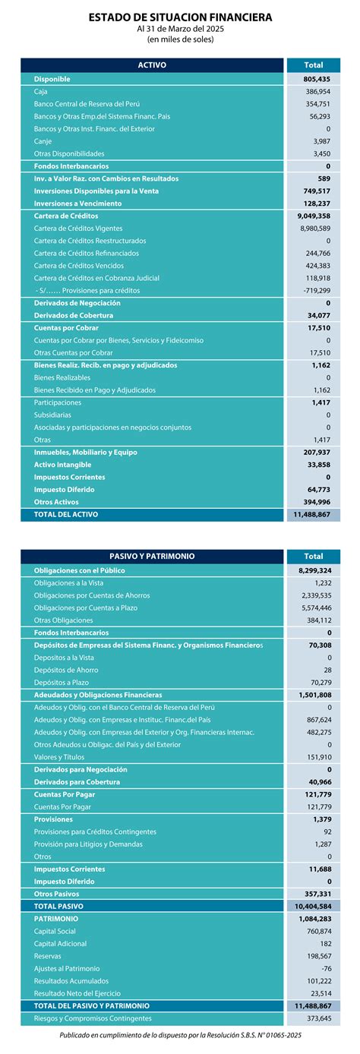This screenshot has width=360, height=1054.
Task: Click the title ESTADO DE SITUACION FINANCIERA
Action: click(180, 16)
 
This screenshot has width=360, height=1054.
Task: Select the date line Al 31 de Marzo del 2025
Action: click(180, 28)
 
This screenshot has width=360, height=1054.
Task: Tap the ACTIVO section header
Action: click(152, 65)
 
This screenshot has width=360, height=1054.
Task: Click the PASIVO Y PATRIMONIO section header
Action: click(152, 556)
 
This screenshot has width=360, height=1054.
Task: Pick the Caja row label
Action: click(41, 91)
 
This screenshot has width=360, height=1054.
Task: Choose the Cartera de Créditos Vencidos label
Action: click(77, 266)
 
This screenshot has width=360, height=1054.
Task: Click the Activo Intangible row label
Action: click(62, 465)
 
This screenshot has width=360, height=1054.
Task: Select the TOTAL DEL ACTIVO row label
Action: click(66, 514)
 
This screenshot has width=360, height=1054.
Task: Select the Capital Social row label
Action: click(55, 932)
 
